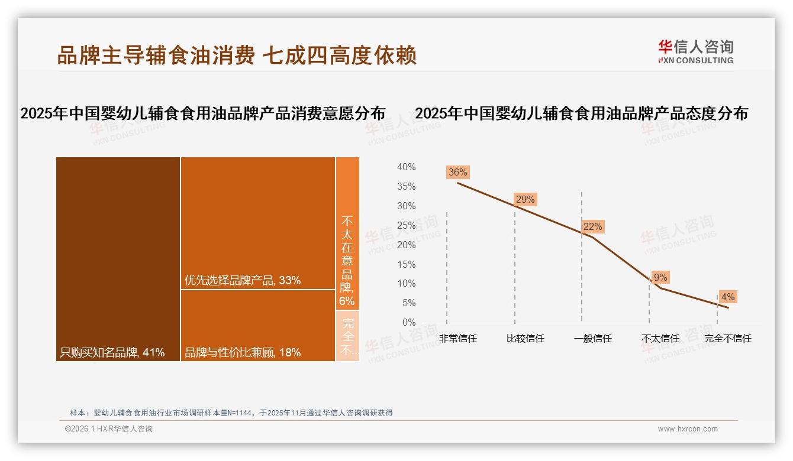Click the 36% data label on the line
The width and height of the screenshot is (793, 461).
457,173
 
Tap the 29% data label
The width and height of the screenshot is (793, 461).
525,200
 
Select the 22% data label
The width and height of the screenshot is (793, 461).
592,227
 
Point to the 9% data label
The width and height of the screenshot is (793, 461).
660,278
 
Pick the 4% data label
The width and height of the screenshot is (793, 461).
728,297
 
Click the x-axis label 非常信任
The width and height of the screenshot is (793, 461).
457,339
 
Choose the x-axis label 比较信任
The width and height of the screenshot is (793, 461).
525,339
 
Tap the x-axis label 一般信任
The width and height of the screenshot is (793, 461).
592,339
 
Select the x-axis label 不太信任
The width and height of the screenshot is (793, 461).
660,339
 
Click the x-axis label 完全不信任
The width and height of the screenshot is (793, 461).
727,339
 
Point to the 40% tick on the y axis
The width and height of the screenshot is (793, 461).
406,167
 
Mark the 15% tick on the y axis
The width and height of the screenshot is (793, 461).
406,264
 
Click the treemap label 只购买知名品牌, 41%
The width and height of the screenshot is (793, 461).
112,353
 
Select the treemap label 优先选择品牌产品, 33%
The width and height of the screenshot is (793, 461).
243,280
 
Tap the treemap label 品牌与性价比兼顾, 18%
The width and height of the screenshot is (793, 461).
243,353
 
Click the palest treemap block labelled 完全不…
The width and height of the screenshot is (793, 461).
348,336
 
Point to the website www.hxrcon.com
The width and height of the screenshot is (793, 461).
688,429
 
